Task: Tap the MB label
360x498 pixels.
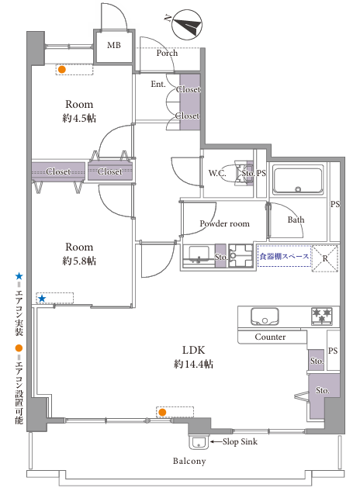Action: (x=114, y=45)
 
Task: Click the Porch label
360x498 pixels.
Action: (x=167, y=53)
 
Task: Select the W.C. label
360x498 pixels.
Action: (x=217, y=173)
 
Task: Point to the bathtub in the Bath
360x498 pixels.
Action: (x=298, y=180)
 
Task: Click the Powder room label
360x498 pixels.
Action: (x=225, y=223)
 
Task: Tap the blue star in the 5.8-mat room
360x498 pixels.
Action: (x=42, y=299)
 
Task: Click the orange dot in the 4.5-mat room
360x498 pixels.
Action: (x=62, y=70)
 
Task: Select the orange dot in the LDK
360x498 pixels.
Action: (x=162, y=412)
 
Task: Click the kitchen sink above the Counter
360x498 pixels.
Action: (x=265, y=316)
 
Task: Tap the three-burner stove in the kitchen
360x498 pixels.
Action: (x=321, y=316)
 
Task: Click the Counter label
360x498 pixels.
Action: (x=270, y=337)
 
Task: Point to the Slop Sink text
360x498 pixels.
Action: (x=240, y=441)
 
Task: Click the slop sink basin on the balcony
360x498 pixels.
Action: (x=199, y=442)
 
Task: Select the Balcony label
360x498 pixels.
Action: (x=189, y=461)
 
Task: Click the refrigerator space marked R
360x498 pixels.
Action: (x=325, y=258)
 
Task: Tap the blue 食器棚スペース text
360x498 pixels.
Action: (x=284, y=256)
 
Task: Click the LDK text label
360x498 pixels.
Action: (x=193, y=350)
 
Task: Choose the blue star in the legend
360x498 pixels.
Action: (x=19, y=276)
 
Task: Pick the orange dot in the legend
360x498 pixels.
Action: (x=19, y=348)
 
